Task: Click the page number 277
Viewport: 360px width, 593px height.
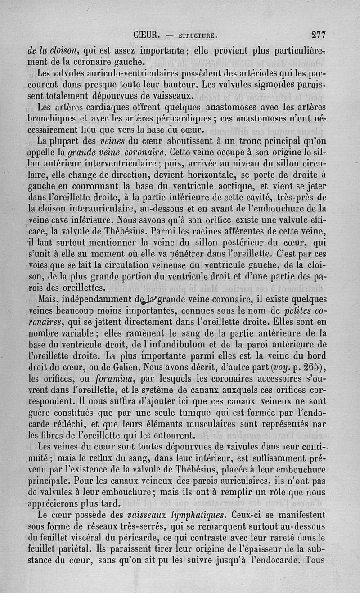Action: [x=318, y=34]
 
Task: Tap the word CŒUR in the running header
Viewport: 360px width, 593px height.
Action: [x=144, y=34]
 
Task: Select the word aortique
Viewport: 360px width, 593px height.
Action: [x=254, y=185]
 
